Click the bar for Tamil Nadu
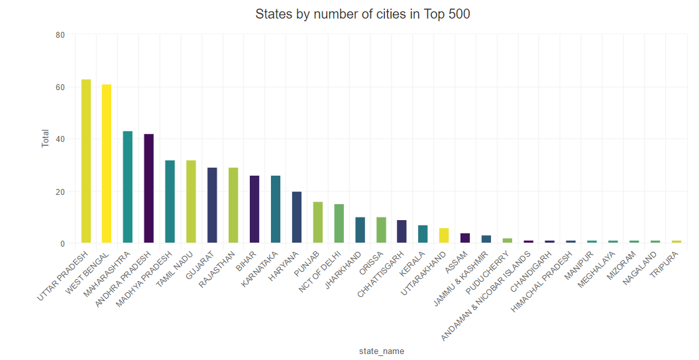(191, 202)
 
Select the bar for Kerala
(423, 235)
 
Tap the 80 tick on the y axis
(60, 34)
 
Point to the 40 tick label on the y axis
(60, 139)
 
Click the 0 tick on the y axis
(62, 244)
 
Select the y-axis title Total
(46, 139)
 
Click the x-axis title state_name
(381, 351)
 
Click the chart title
(362, 14)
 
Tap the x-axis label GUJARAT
(199, 265)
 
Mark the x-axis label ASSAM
(457, 263)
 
